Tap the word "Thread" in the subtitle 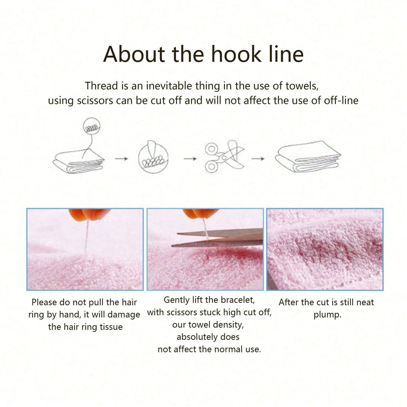[x=101, y=86]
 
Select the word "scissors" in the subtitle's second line [x=95, y=101]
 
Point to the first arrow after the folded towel [x=121, y=158]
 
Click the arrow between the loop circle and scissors [x=190, y=159]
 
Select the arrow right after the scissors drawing [x=258, y=158]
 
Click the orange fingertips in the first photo [x=89, y=214]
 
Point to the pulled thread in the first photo [x=86, y=238]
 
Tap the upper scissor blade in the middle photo [x=220, y=233]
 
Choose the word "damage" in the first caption [x=124, y=315]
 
